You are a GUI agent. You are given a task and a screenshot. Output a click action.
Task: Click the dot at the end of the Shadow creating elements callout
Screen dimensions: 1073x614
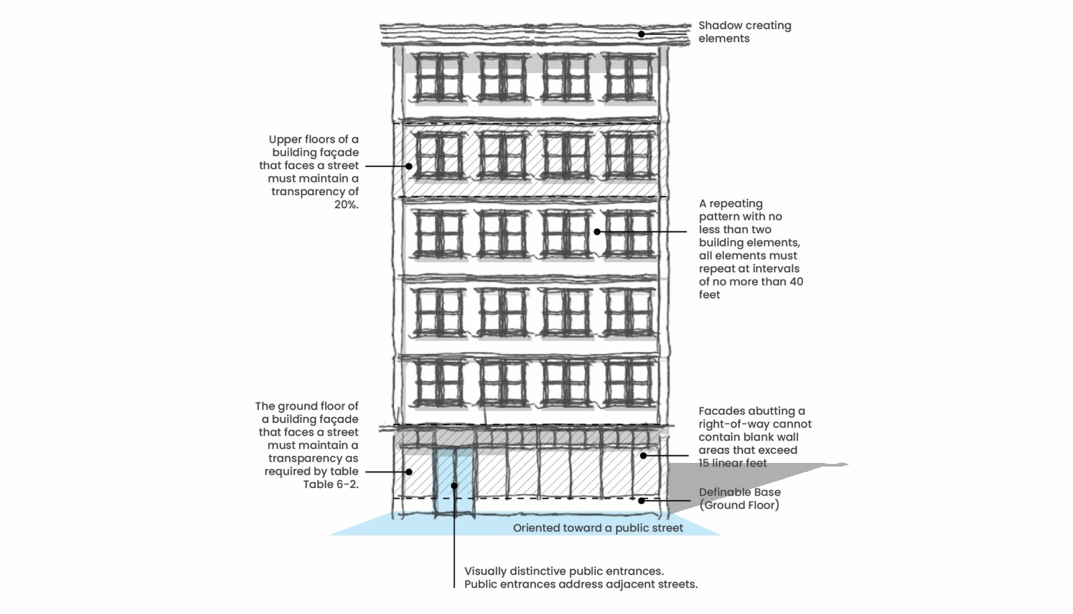click(641, 34)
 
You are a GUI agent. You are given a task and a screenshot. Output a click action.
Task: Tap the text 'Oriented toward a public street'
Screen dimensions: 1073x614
click(598, 528)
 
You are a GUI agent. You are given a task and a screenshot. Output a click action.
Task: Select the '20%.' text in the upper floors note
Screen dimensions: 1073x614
click(346, 204)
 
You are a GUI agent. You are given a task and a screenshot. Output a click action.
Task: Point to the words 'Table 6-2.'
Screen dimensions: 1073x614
click(330, 485)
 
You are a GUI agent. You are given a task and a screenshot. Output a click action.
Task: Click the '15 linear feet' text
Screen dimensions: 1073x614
click(733, 463)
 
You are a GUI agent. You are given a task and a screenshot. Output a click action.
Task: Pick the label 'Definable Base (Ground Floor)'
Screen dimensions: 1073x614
click(739, 499)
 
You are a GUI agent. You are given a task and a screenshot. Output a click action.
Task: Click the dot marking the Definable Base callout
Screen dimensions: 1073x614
click(641, 500)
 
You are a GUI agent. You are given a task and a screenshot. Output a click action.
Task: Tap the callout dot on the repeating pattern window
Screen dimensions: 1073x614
click(596, 232)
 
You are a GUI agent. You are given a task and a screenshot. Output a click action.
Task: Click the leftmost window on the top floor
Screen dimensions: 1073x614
click(439, 78)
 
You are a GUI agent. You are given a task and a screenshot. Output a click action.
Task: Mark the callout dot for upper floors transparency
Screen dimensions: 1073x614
click(409, 166)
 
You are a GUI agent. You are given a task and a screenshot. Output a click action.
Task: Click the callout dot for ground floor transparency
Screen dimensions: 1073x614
click(409, 472)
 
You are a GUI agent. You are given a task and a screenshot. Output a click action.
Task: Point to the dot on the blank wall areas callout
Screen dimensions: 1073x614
click(643, 456)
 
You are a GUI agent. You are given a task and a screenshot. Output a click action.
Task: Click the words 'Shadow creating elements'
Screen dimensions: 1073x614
click(744, 32)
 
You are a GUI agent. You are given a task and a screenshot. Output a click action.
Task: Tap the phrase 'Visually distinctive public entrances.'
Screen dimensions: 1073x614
click(564, 571)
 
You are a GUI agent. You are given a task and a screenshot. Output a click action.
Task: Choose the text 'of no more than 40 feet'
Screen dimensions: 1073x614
click(751, 288)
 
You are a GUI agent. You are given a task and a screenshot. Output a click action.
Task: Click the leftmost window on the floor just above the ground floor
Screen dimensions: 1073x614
click(439, 382)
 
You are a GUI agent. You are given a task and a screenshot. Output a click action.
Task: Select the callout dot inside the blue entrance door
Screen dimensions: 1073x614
click(454, 485)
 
